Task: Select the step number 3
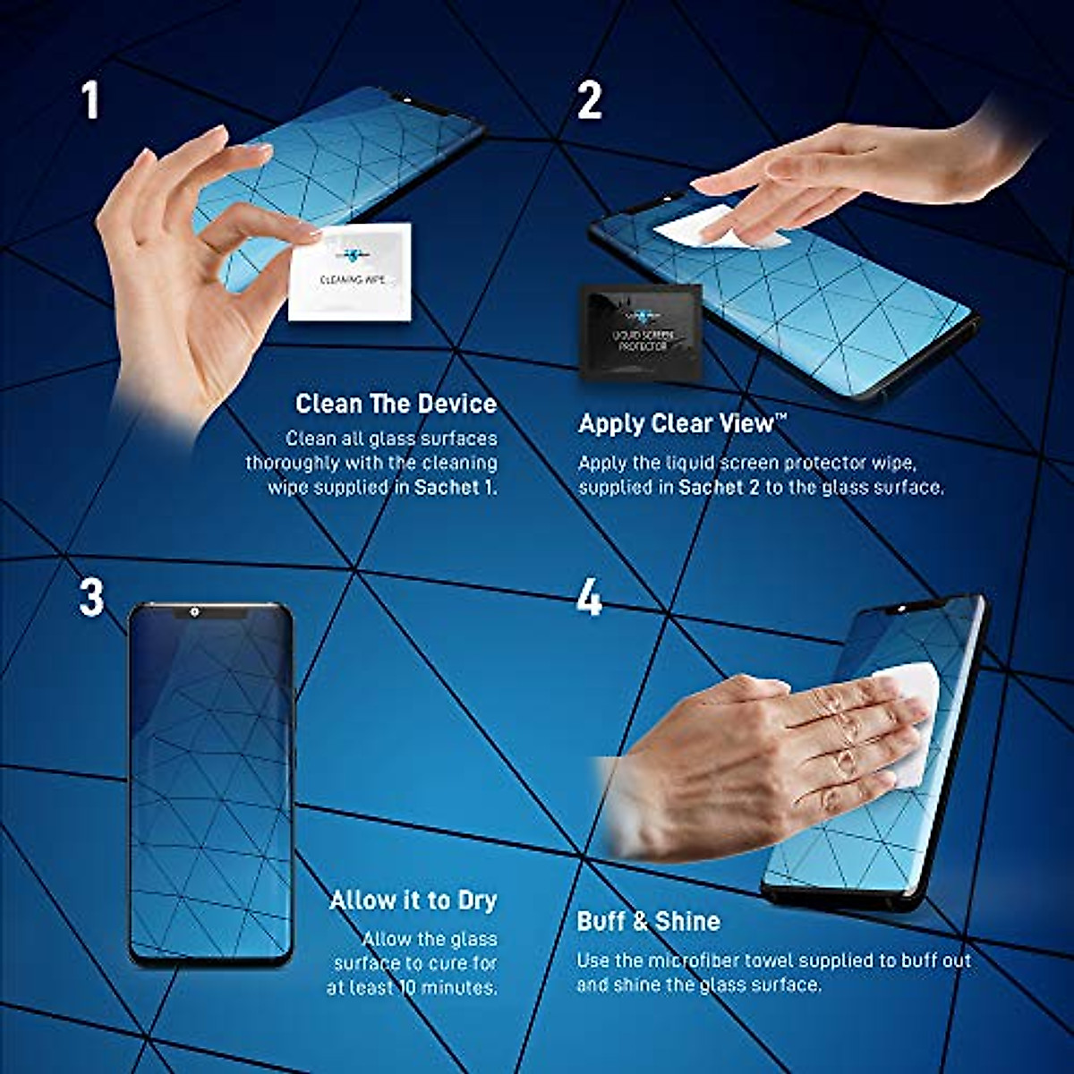[x=91, y=597]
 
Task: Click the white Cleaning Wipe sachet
[x=350, y=272]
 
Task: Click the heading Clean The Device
[x=396, y=404]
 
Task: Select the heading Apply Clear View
[x=682, y=423]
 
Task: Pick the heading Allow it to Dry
[x=413, y=900]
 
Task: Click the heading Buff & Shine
[x=648, y=921]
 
